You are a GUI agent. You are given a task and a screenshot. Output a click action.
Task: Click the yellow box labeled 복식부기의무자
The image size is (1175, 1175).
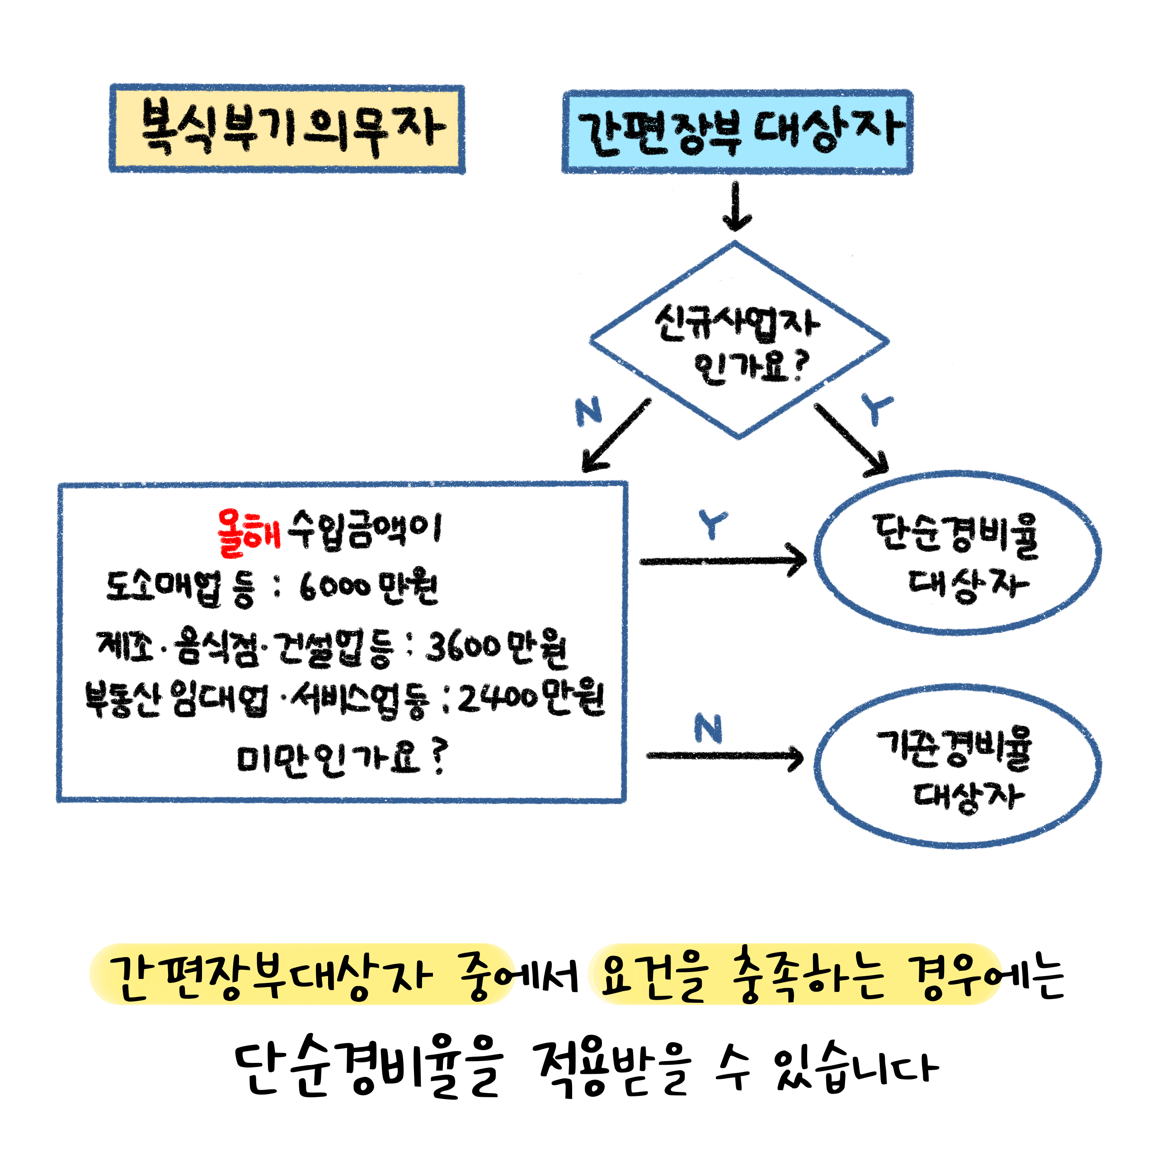pyautogui.click(x=287, y=129)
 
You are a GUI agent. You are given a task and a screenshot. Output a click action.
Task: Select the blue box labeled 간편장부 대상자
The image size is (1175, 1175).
pyautogui.click(x=737, y=132)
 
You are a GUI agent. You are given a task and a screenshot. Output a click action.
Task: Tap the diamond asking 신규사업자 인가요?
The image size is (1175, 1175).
pyautogui.click(x=738, y=341)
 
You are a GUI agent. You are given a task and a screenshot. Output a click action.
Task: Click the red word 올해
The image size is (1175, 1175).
pyautogui.click(x=249, y=533)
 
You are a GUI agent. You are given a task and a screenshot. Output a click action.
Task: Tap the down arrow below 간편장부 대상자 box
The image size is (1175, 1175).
pyautogui.click(x=737, y=207)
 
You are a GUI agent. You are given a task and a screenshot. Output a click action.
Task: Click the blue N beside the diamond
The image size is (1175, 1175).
pyautogui.click(x=588, y=411)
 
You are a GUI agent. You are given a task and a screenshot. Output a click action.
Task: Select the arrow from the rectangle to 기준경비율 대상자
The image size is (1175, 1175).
pyautogui.click(x=724, y=757)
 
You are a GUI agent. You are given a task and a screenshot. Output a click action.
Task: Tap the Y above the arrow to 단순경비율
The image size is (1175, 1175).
pyautogui.click(x=712, y=524)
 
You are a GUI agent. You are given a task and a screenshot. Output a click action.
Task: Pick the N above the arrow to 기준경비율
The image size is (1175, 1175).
pyautogui.click(x=709, y=728)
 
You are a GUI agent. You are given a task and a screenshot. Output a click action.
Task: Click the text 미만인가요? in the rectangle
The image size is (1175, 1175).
pyautogui.click(x=341, y=760)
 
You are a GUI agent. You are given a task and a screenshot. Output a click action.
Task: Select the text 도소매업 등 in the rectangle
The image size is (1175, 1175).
pyautogui.click(x=180, y=588)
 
